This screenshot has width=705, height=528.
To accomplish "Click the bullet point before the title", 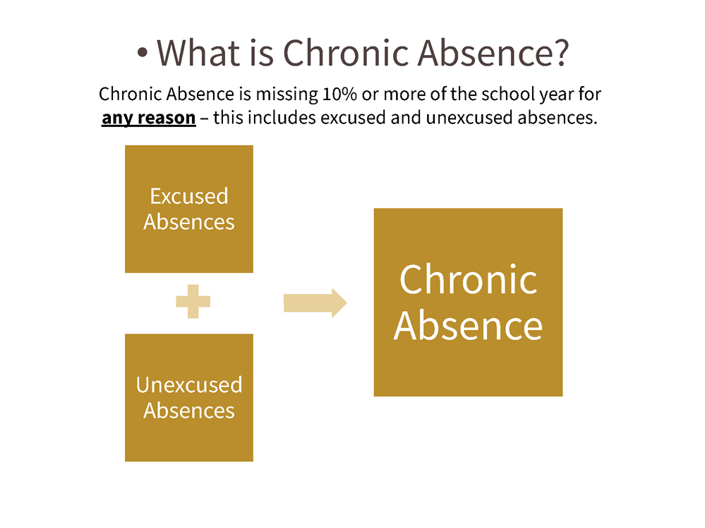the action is click(142, 53).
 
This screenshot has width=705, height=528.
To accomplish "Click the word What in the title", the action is click(198, 53).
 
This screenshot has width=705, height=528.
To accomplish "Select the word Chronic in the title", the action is click(345, 53).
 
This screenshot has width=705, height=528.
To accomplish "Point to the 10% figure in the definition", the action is click(339, 94).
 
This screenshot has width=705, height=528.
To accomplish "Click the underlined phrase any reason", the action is click(149, 118).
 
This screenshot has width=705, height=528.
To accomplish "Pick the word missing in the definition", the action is click(287, 95).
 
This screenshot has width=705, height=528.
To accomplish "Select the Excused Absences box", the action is click(189, 209).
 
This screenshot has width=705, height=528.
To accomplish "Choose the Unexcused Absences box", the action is click(189, 398).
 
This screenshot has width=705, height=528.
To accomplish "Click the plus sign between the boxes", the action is click(193, 301).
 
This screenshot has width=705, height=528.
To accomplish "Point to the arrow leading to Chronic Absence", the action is click(315, 302).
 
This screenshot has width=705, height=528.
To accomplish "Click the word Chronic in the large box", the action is click(468, 280).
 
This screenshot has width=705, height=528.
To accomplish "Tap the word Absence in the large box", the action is click(468, 326).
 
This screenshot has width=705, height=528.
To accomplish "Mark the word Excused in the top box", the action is click(189, 196).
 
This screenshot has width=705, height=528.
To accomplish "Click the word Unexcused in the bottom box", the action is click(189, 385).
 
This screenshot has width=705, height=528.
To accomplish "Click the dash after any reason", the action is click(204, 119).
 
